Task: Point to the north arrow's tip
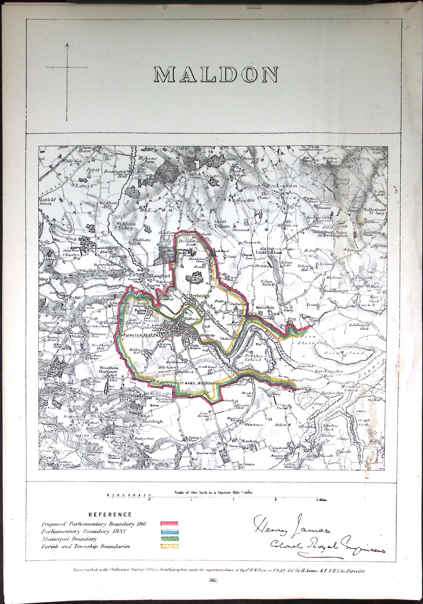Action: coord(67,44)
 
